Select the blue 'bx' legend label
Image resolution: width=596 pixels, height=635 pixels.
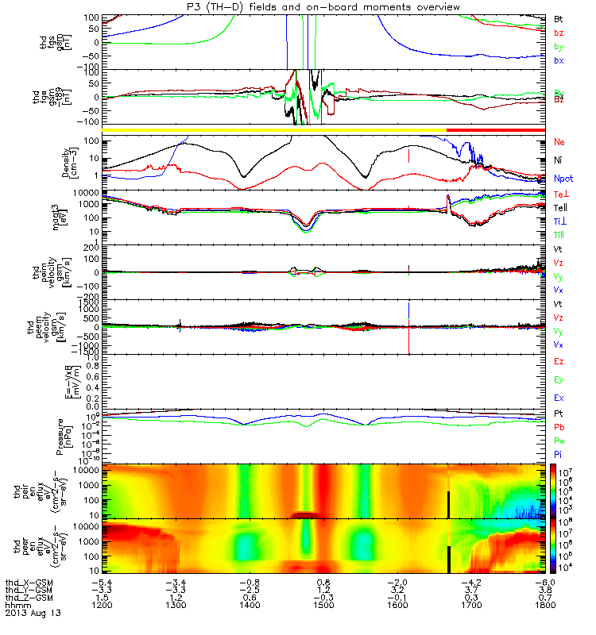coord(559,60)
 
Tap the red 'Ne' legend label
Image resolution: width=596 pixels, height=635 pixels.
coord(559,141)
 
